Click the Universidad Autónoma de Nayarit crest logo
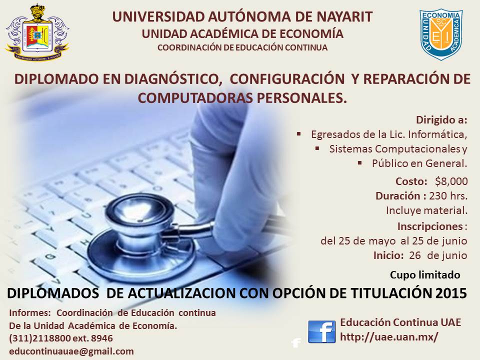click(x=37, y=32)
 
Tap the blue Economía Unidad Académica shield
click(x=441, y=34)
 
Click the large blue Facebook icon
click(x=321, y=331)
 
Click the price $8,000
click(x=451, y=181)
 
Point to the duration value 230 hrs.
click(x=448, y=195)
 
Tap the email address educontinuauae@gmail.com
click(x=71, y=351)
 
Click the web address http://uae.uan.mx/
click(x=389, y=336)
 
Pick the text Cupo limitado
click(x=425, y=275)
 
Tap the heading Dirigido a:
click(x=441, y=120)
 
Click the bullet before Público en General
click(x=359, y=163)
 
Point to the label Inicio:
click(x=388, y=255)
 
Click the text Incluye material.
click(x=426, y=210)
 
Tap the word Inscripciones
click(x=430, y=226)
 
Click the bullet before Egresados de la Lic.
click(x=299, y=134)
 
